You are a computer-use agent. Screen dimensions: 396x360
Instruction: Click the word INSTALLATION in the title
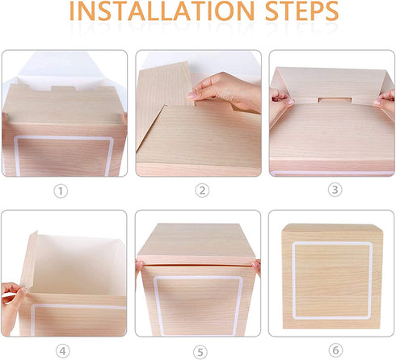(x=162, y=11)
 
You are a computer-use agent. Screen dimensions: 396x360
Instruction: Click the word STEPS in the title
(x=301, y=11)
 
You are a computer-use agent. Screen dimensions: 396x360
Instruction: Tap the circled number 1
(x=61, y=191)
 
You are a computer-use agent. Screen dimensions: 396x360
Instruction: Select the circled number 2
(x=202, y=190)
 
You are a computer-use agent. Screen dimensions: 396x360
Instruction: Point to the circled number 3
(x=335, y=190)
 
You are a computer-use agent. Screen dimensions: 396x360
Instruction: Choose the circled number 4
(x=62, y=351)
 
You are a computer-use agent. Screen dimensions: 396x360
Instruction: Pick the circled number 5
(x=200, y=352)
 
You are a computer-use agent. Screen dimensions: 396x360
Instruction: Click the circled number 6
(x=335, y=350)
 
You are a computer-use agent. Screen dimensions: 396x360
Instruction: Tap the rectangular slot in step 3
(x=335, y=100)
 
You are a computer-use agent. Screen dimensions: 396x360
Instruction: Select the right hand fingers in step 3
(x=385, y=100)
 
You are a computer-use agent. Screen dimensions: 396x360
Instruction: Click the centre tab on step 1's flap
(x=63, y=88)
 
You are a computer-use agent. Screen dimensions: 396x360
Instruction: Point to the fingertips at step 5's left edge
(x=140, y=265)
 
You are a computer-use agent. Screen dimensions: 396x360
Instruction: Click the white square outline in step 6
(x=332, y=244)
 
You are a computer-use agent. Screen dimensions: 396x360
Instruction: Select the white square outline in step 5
(x=198, y=278)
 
